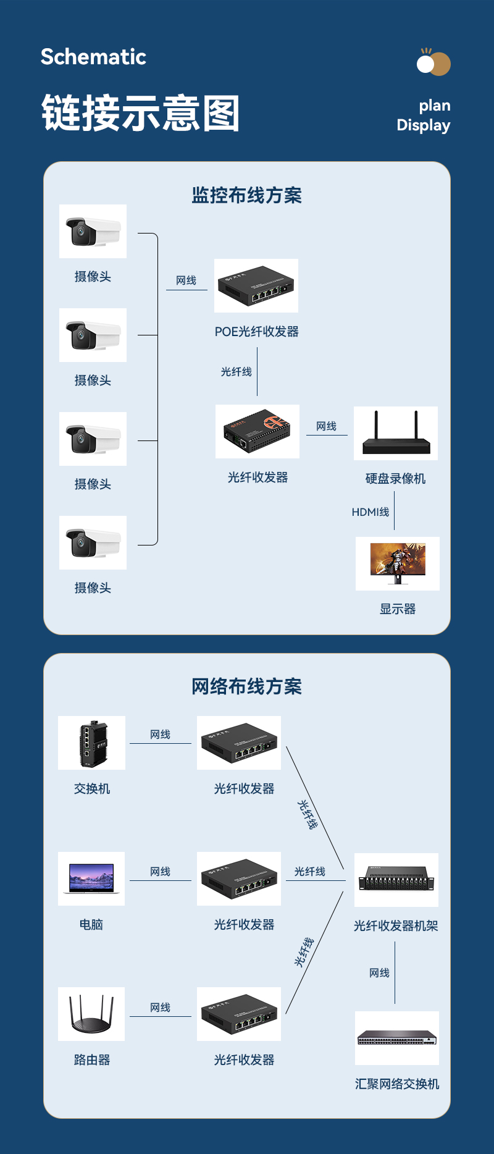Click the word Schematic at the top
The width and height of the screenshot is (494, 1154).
(x=93, y=57)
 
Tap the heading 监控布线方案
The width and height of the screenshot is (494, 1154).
(x=246, y=195)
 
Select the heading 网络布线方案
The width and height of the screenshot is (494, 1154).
(x=246, y=686)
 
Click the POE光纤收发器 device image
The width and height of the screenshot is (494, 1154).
(x=256, y=285)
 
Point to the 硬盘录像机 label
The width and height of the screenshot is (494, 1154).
(x=395, y=478)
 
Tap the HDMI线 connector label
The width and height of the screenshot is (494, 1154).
(x=371, y=512)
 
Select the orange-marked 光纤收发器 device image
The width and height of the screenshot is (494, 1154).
(x=257, y=431)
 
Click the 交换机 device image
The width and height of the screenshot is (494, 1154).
(x=92, y=743)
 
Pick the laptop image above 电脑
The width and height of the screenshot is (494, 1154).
(x=91, y=878)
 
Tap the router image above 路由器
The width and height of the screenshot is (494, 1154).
(x=91, y=1014)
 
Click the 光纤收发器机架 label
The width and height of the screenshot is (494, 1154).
(x=396, y=925)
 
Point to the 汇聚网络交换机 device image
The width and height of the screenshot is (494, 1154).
(x=397, y=1038)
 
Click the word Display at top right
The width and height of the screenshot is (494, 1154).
(x=423, y=125)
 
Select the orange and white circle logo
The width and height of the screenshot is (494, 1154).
(x=433, y=63)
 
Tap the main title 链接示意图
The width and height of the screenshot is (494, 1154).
(x=141, y=113)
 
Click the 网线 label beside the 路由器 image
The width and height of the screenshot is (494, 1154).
(x=161, y=1008)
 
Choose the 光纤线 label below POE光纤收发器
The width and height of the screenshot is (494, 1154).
(x=237, y=371)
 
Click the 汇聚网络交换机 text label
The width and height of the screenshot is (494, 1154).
(x=397, y=1084)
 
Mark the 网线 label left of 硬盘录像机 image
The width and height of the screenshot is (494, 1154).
(x=327, y=426)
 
